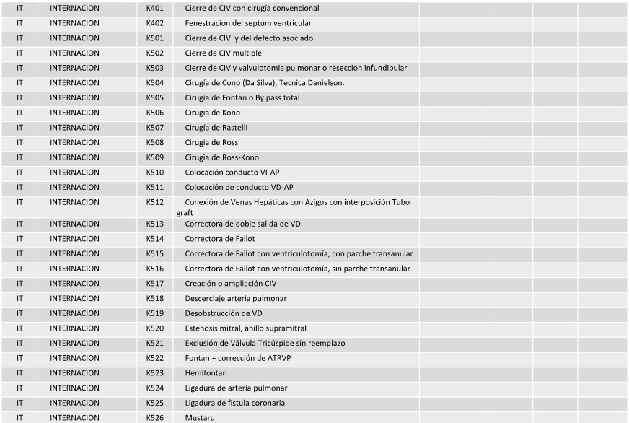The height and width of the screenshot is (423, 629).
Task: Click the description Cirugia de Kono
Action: pyautogui.click(x=213, y=113)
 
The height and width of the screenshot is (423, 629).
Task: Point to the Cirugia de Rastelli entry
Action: pyautogui.click(x=216, y=128)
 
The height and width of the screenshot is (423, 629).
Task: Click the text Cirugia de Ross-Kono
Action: pyautogui.click(x=221, y=157)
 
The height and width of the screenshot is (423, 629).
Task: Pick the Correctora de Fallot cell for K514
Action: pyautogui.click(x=219, y=239)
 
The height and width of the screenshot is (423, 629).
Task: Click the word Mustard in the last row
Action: pyautogui.click(x=200, y=418)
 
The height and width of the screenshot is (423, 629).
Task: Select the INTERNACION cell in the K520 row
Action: pyautogui.click(x=75, y=328)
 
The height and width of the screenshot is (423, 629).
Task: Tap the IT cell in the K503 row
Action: pyautogui.click(x=20, y=68)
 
